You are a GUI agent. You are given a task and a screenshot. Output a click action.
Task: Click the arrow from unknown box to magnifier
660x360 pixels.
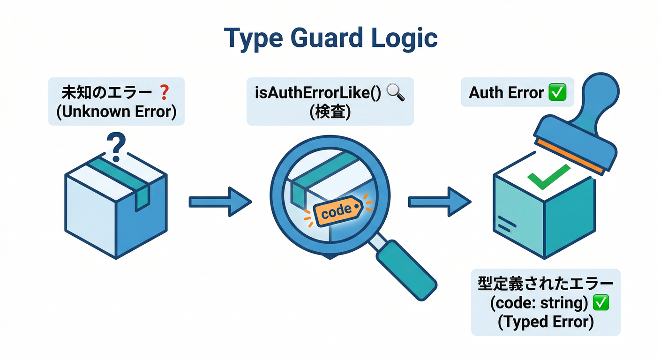[x=220, y=202]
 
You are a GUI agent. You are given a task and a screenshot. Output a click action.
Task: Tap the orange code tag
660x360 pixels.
[x=336, y=210]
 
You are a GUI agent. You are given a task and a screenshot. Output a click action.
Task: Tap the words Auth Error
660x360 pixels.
[x=506, y=93]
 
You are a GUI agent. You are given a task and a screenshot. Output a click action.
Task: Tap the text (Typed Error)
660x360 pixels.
[x=546, y=323]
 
